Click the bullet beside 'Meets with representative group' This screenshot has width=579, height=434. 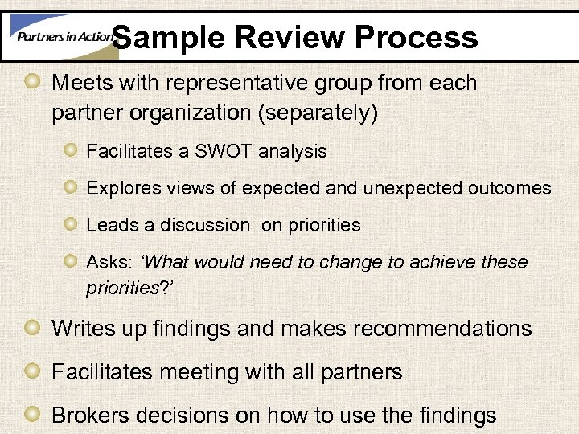click(x=32, y=83)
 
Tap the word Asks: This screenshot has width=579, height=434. click(x=109, y=262)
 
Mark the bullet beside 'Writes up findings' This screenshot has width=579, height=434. click(x=32, y=328)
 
